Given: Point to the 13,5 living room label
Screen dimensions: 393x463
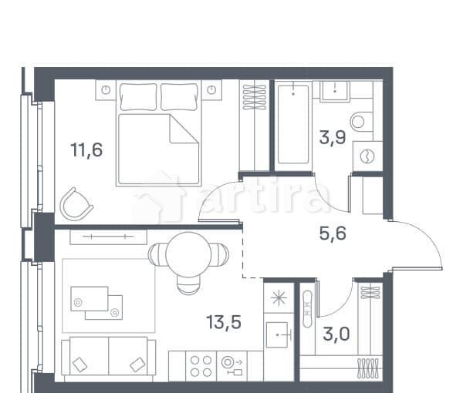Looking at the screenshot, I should coord(224,322).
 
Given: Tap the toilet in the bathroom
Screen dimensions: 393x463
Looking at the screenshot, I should coord(361,121).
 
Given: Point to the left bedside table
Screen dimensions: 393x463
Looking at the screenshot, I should coord(106,89).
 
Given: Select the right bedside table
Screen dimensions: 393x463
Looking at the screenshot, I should coord(212,89).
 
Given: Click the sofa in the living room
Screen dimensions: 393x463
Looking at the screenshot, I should coord(108,359).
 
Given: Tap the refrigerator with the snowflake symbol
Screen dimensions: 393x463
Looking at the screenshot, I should coord(277,296).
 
